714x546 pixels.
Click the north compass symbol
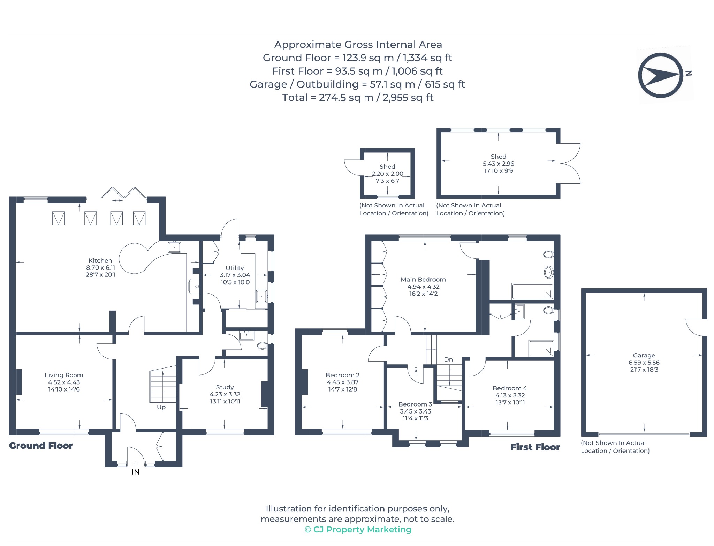(661, 75)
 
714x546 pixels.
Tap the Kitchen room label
(100, 260)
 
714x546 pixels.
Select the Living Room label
(64, 375)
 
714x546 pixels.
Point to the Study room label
(225, 387)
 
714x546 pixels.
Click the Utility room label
(235, 268)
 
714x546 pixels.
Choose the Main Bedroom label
(423, 279)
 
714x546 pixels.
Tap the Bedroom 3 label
(415, 404)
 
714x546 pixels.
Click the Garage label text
(644, 355)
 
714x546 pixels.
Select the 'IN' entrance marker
(136, 472)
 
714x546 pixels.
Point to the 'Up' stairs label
(161, 407)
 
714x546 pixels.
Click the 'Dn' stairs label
(448, 359)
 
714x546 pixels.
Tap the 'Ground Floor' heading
(41, 446)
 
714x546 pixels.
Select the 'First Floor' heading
(535, 447)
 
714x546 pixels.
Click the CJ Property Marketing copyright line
(358, 530)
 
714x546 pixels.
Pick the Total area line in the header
(358, 98)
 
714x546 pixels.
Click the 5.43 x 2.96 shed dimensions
(498, 164)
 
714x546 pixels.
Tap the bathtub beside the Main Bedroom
(532, 291)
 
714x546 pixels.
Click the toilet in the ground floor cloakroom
(263, 346)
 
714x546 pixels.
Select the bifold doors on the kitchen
(124, 193)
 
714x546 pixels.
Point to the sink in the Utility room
(261, 296)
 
